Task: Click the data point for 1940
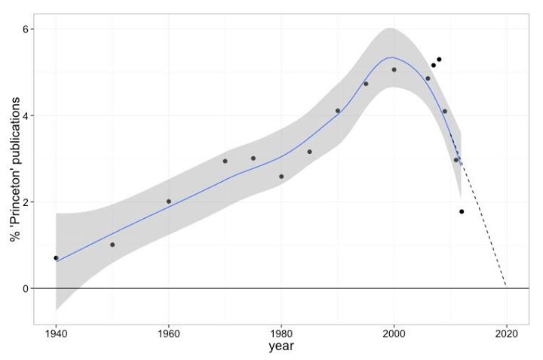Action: pos(56,258)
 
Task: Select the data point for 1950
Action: pos(112,245)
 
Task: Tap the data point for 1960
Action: pos(169,202)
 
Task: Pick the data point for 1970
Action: pos(225,161)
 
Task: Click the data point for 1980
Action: pos(281,177)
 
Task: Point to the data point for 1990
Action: pos(338,111)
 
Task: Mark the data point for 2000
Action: pos(394,70)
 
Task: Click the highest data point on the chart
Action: pos(439,60)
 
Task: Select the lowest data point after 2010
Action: pos(462,211)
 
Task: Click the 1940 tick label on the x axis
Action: pos(56,333)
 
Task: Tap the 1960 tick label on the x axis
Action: pos(169,333)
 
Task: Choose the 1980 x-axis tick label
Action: pos(281,333)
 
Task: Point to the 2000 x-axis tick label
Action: pos(394,333)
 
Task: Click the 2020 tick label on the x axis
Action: pos(507,333)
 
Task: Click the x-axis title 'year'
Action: pos(281,348)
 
